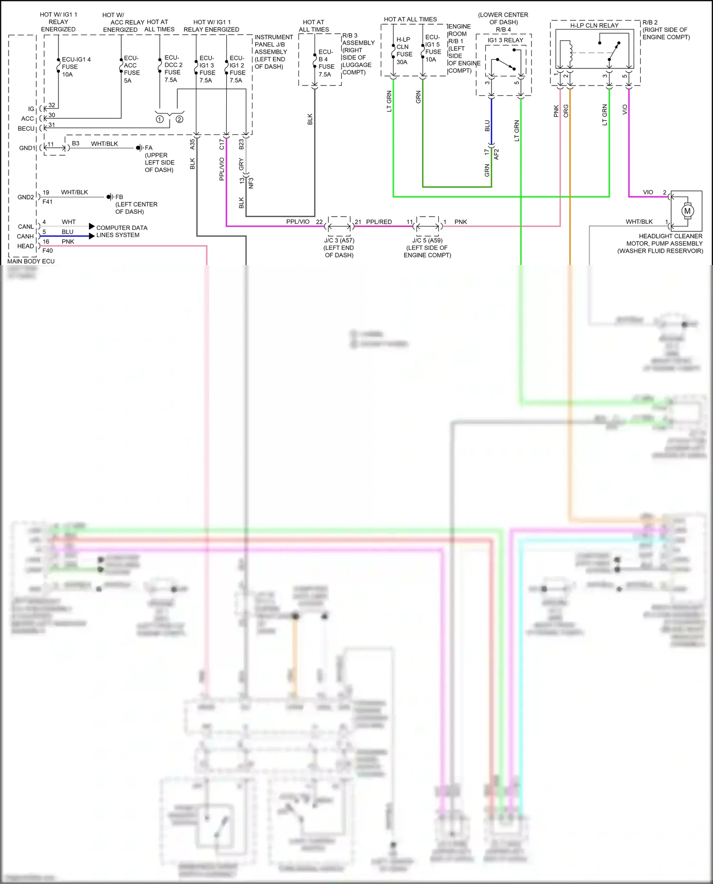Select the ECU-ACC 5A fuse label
131,69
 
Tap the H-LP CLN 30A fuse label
404,51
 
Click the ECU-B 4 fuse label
326,63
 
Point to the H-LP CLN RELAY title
594,26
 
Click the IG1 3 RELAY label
505,40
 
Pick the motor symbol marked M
687,211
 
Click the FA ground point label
149,148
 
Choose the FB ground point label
119,197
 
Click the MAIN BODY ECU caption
31,261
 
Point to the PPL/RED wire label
379,222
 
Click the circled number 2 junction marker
179,119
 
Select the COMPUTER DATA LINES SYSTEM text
121,231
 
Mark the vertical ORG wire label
566,111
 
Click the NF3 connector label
251,183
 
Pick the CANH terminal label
25,236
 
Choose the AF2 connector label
496,154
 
